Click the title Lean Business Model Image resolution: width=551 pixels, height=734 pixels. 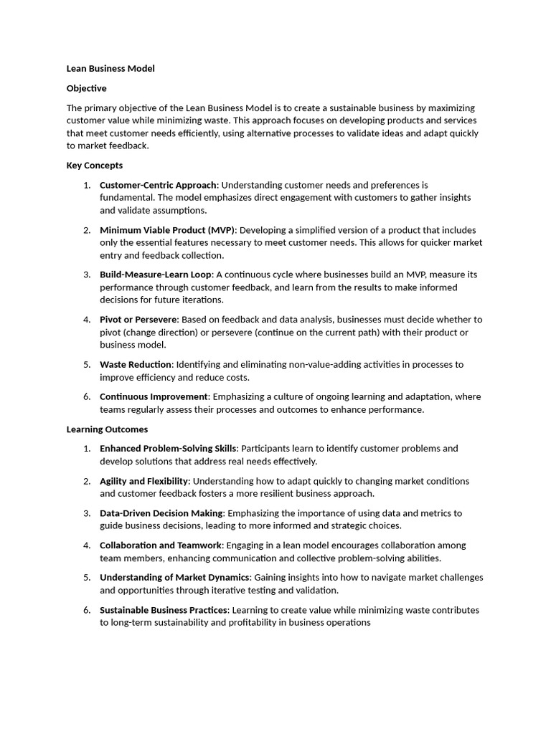(110, 69)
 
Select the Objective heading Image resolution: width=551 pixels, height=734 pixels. (86, 88)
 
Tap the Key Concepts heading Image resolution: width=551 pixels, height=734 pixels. (95, 166)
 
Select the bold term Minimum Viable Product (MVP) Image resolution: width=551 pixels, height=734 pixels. (167, 230)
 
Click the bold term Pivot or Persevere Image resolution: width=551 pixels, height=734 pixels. (140, 320)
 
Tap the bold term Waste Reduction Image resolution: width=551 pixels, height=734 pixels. (136, 365)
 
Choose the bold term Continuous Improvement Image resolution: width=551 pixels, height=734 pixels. (154, 397)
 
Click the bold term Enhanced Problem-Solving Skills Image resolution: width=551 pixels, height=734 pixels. (168, 449)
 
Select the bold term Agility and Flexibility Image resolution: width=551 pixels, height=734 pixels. (144, 481)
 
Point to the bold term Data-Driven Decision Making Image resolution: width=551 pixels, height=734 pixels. (161, 513)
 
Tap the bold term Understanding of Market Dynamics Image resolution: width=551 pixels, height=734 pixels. (175, 578)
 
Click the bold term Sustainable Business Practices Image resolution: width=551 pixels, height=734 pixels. (164, 610)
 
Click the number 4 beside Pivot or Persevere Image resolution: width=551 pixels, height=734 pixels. (86, 320)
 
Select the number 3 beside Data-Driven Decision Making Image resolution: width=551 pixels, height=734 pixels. (86, 513)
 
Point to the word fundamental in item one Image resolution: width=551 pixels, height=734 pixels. (126, 198)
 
